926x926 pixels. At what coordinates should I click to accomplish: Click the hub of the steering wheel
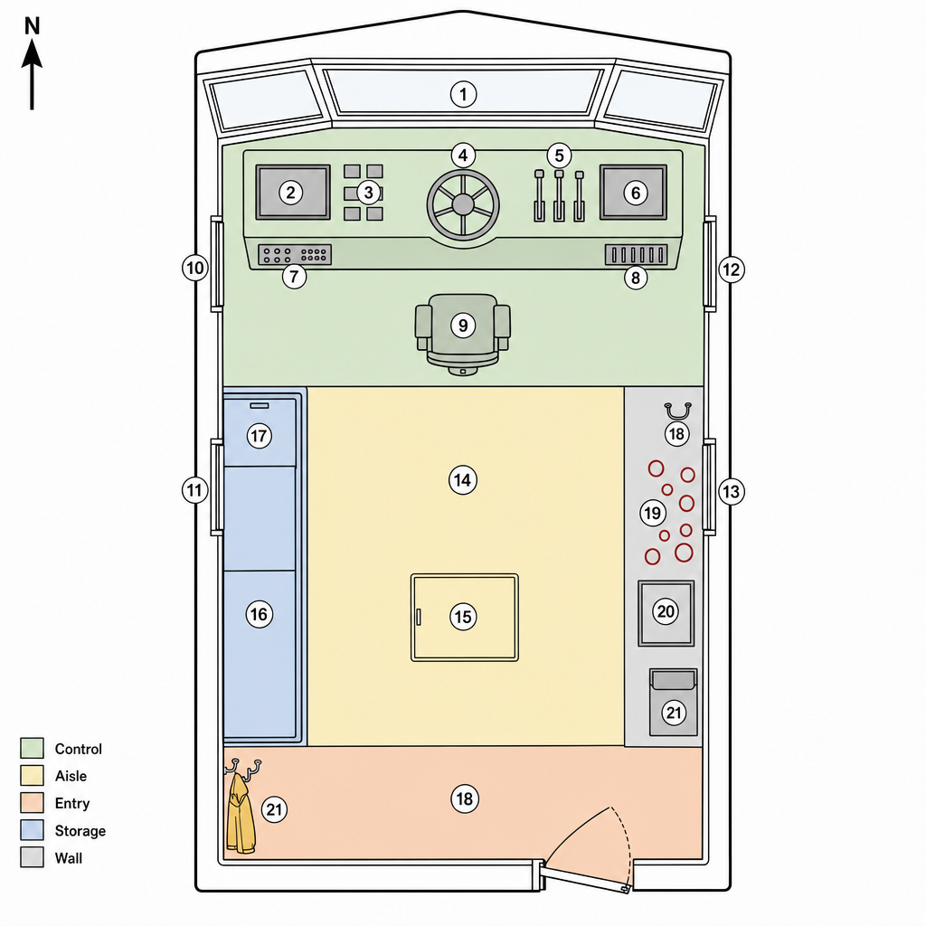click(x=463, y=205)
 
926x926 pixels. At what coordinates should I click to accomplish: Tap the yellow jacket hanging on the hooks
click(x=241, y=813)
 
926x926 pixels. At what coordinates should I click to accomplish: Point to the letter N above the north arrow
click(x=32, y=26)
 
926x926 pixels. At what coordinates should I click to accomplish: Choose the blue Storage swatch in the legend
click(x=32, y=830)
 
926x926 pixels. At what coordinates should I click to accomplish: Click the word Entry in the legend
click(x=72, y=803)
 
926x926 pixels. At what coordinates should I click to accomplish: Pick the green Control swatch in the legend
click(x=32, y=748)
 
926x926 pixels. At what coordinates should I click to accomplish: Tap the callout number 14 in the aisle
click(x=462, y=480)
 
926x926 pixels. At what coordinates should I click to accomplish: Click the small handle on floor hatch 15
click(x=419, y=617)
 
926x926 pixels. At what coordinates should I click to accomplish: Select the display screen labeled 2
click(x=293, y=192)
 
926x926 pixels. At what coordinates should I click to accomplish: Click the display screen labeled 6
click(x=633, y=192)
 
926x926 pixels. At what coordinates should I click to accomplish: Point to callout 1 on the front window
click(x=463, y=94)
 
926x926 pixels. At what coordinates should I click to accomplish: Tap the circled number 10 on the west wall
click(x=195, y=268)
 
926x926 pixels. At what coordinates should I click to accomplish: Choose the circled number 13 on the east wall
click(x=731, y=491)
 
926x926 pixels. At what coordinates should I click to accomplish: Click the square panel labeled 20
click(x=666, y=613)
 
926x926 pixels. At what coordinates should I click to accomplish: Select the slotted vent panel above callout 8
click(x=636, y=254)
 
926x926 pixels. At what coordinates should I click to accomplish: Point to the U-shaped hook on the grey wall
click(x=677, y=411)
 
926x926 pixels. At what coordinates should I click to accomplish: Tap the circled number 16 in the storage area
click(x=259, y=614)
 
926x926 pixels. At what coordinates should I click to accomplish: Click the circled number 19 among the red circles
click(x=653, y=513)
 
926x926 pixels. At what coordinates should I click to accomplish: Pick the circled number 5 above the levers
click(x=559, y=156)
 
